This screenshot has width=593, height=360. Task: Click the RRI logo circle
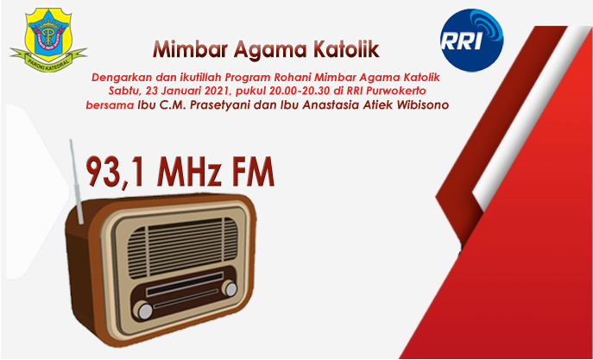[x=471, y=41]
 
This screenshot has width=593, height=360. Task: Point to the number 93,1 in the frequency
[x=116, y=172]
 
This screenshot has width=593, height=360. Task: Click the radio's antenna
[x=76, y=181]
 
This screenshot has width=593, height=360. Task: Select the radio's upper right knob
[x=230, y=288]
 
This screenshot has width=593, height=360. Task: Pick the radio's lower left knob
[x=144, y=311]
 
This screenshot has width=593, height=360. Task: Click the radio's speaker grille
[x=182, y=248]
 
